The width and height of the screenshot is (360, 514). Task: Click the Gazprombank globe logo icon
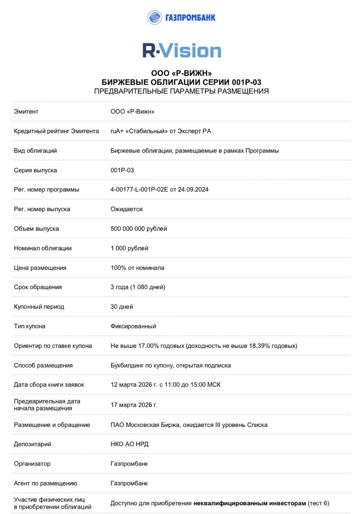point(155,17)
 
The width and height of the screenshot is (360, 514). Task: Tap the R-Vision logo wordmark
point(182,51)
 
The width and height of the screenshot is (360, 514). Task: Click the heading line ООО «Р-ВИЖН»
point(181,73)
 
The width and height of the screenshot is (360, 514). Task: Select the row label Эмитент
point(26,111)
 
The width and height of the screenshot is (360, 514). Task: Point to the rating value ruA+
point(117,131)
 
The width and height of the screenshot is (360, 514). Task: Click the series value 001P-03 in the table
point(122,170)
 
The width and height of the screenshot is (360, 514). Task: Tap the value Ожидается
point(126,209)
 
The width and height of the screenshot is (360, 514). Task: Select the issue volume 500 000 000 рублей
point(139,228)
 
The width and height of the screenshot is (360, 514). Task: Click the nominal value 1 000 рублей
point(129,248)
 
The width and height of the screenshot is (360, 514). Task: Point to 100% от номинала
point(137,267)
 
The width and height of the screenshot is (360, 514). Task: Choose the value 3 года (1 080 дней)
point(138,287)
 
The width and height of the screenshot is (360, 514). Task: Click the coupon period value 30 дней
point(122,306)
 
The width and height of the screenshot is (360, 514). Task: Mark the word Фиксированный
point(133,326)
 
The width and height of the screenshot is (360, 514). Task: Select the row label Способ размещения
point(43,365)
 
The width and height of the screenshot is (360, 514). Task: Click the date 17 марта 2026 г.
point(134,405)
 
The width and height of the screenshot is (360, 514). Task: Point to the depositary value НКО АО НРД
point(129,444)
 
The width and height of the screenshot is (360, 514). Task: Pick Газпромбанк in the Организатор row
point(129,463)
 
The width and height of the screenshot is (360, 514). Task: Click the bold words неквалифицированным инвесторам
point(250,503)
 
